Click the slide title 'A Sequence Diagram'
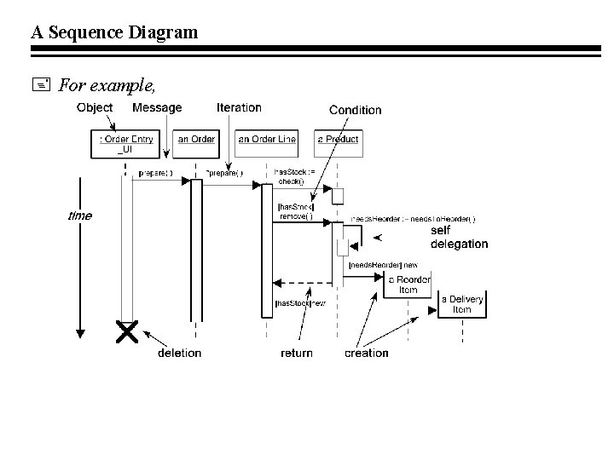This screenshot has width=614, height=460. [114, 32]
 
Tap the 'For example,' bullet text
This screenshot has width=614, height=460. [107, 84]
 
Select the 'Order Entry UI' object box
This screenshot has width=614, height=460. [126, 145]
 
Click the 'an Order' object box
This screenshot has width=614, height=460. [196, 140]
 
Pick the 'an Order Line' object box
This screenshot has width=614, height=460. [267, 140]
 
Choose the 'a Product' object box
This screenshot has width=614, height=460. [338, 140]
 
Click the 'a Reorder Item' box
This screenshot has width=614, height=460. [409, 285]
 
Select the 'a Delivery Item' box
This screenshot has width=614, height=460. [461, 304]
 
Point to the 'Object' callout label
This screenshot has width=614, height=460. [95, 108]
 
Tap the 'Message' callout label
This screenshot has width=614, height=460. [157, 108]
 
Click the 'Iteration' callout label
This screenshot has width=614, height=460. [239, 108]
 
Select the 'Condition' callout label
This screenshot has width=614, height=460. [355, 110]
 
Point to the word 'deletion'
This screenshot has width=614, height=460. [179, 353]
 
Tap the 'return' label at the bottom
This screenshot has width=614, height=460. [296, 353]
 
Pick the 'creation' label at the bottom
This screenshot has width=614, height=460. [366, 353]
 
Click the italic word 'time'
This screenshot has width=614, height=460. [79, 216]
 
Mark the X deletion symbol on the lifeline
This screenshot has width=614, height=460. [127, 332]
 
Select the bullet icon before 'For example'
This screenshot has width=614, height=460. [44, 84]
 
